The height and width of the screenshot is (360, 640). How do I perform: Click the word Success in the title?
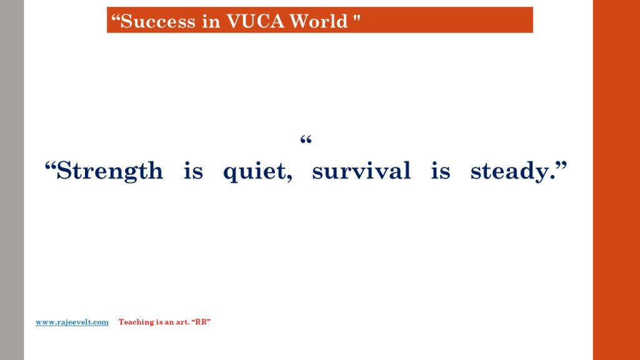157,21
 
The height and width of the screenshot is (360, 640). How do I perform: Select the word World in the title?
318,21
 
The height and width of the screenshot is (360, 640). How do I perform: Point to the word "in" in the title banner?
211,21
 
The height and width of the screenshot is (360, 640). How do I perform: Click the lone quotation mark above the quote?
306,141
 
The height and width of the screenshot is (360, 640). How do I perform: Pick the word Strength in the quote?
109,171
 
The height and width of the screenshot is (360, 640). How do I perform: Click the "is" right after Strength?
193,171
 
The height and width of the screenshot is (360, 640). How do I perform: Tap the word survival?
361,171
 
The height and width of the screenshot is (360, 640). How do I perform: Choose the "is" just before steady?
441,171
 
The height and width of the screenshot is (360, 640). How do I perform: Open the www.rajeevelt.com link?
72,322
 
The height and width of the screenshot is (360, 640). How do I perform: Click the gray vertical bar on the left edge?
12,180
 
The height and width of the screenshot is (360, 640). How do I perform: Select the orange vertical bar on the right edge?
616,180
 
